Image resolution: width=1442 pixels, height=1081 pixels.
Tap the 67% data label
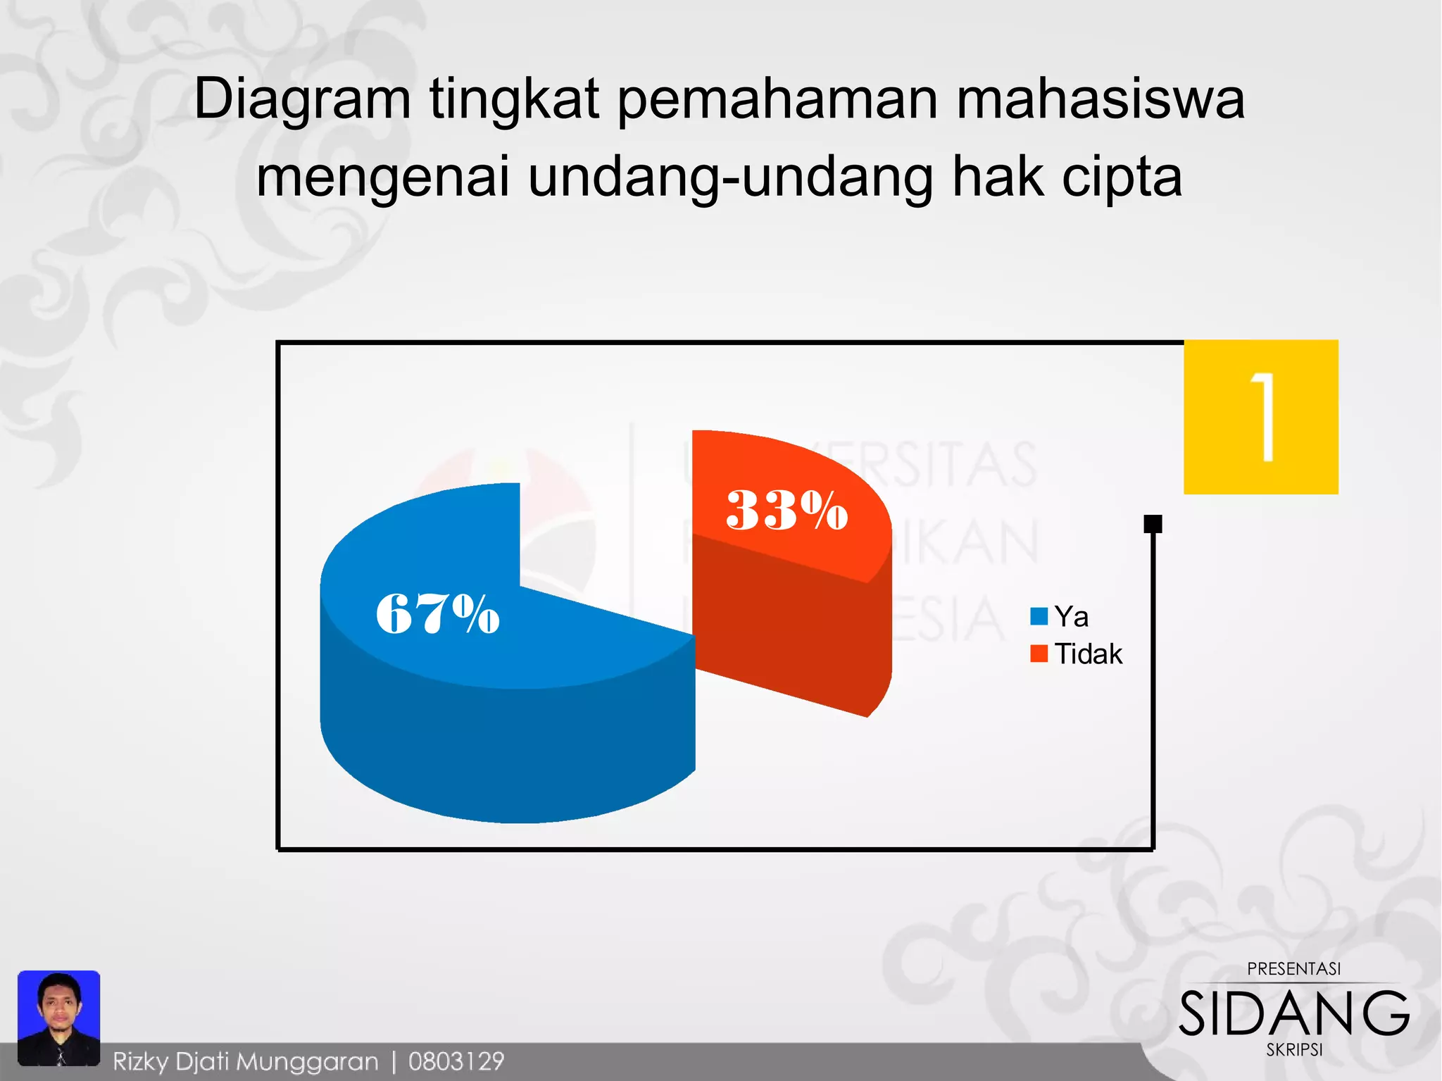[437, 613]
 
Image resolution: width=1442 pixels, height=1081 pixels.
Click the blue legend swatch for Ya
[1039, 617]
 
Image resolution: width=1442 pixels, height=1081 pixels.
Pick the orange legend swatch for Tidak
[1039, 654]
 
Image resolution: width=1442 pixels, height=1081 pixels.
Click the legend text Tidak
[1088, 654]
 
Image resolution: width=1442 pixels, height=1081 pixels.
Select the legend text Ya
[1071, 617]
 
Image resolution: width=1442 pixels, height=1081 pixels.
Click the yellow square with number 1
[1260, 417]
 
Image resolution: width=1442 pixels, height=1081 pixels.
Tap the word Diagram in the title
[302, 99]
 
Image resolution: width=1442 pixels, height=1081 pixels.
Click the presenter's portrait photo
[58, 1018]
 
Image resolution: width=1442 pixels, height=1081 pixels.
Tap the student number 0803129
[456, 1061]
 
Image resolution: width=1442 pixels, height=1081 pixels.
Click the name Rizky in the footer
[140, 1061]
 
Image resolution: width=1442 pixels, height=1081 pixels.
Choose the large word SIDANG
[1294, 1013]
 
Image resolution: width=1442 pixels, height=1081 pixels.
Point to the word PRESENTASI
[1293, 969]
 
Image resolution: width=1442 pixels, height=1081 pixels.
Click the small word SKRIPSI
[1294, 1049]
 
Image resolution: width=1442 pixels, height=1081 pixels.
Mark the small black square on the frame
[1153, 524]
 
